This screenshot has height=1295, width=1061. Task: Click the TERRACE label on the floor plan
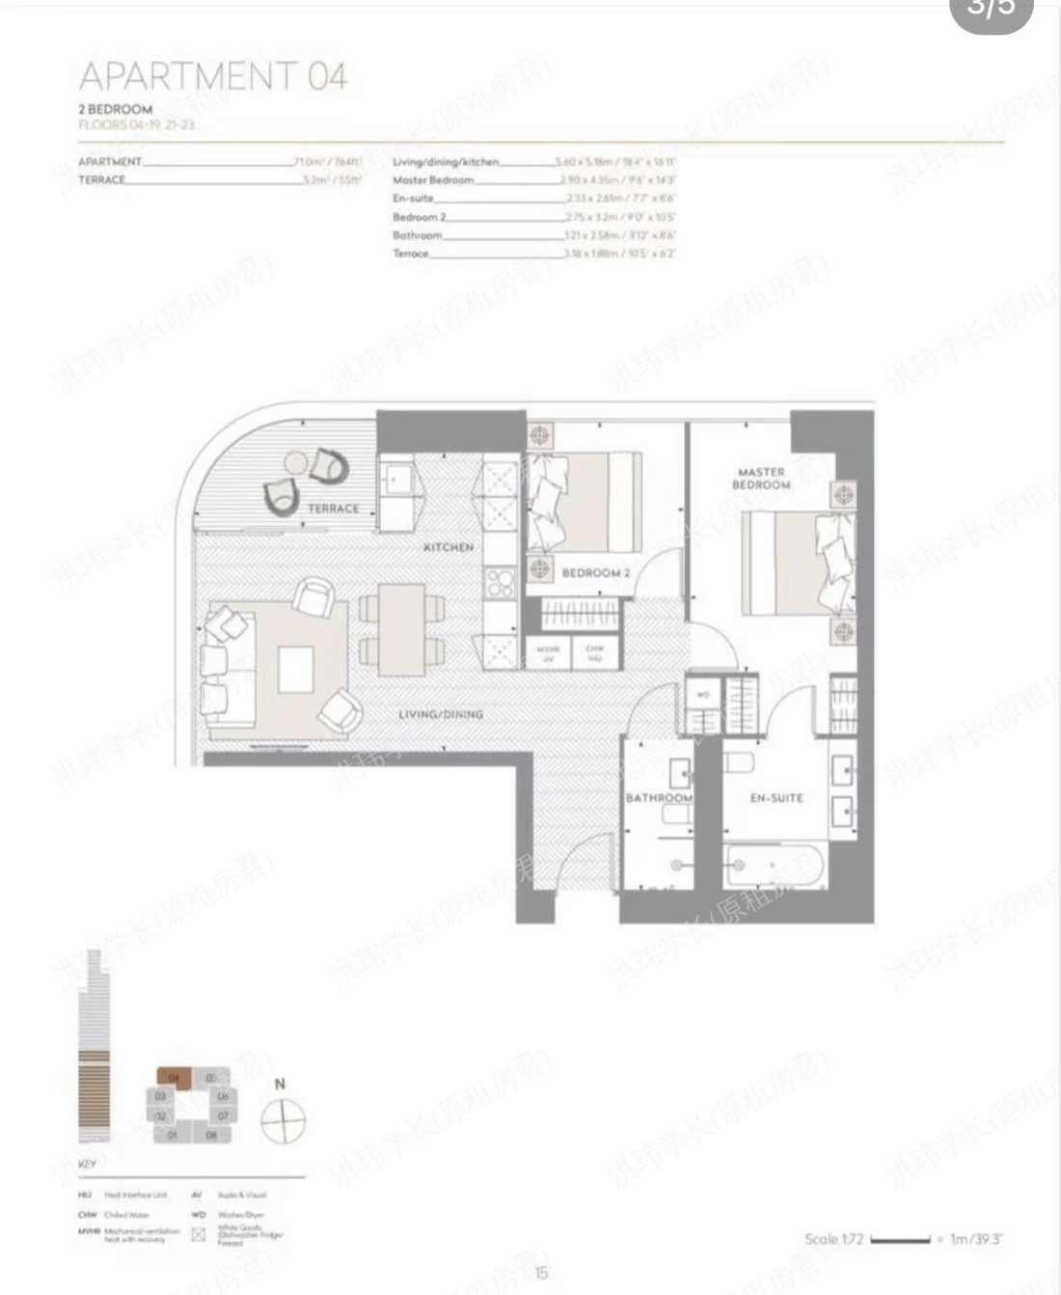[333, 508]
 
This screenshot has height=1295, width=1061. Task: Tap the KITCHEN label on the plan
[449, 547]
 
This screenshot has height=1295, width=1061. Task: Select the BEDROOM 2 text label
[595, 573]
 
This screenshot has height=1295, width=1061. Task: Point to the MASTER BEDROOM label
[761, 479]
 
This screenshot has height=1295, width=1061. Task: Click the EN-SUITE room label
[776, 798]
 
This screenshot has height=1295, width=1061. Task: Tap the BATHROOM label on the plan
[659, 798]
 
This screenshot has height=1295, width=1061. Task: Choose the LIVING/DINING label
[441, 714]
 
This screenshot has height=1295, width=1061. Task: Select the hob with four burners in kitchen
[500, 581]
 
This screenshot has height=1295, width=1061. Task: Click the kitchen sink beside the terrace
[396, 478]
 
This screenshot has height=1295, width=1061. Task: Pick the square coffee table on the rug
[295, 669]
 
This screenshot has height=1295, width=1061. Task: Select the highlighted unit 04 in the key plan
[174, 1076]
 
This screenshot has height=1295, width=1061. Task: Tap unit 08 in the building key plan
[212, 1135]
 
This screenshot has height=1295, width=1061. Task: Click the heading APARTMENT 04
[212, 75]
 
